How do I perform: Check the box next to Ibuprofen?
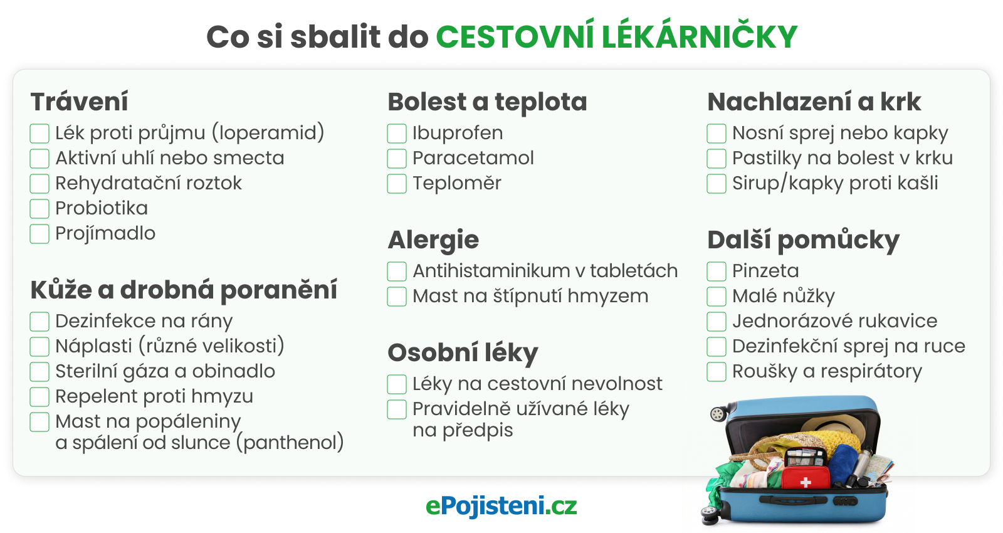coord(397,134)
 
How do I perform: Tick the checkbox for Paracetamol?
coord(397,159)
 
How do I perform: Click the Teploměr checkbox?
coord(397,184)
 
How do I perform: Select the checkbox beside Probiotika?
coord(39,209)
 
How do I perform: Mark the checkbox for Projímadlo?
coord(39,234)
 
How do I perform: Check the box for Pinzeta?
coord(717,272)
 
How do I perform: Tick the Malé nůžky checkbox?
coord(717,297)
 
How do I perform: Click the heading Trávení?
coord(80,102)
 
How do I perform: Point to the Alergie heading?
coord(433,240)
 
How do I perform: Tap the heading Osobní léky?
coord(463,353)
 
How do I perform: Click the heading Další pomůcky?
coord(803,240)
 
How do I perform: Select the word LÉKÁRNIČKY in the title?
coord(700,36)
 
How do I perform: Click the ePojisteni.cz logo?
coord(501,506)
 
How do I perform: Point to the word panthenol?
coord(290,443)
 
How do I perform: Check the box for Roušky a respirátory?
coord(717,372)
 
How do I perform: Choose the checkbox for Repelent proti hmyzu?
coord(39,397)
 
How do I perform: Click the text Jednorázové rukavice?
coord(834,321)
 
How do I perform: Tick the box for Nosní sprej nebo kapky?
coord(717,134)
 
